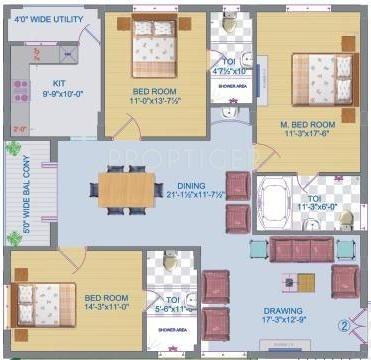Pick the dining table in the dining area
click(128, 187)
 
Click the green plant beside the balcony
click(13, 148)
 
